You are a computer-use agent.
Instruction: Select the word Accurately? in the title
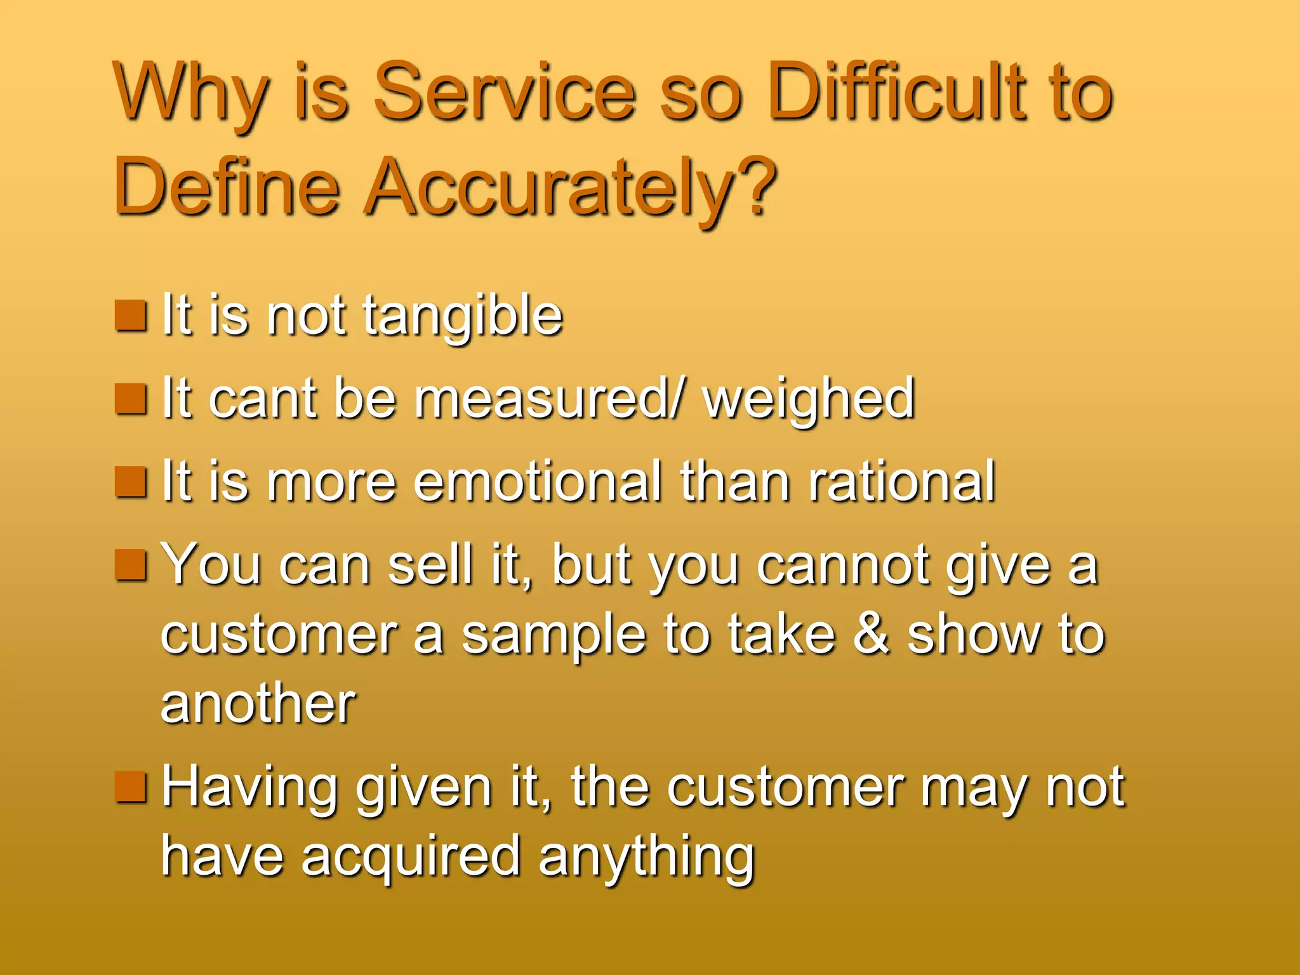click(x=571, y=189)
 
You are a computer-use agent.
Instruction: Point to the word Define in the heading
click(x=227, y=187)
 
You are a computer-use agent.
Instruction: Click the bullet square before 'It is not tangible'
click(x=131, y=315)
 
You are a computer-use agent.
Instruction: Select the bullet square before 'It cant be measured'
click(x=131, y=399)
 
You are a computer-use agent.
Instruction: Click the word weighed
click(x=809, y=399)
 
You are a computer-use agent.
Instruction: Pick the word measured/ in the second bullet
click(x=550, y=399)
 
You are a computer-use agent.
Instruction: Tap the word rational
click(x=901, y=482)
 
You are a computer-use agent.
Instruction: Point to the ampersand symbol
click(x=871, y=634)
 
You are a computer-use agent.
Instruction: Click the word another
click(x=258, y=704)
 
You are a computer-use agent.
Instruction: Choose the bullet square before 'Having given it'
click(x=131, y=787)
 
